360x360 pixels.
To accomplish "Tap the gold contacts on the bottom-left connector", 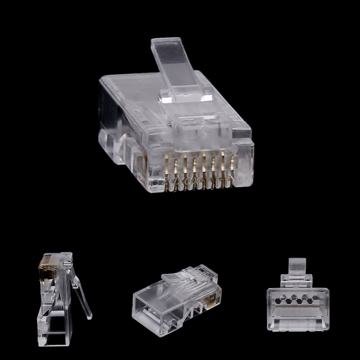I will click(x=46, y=263).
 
